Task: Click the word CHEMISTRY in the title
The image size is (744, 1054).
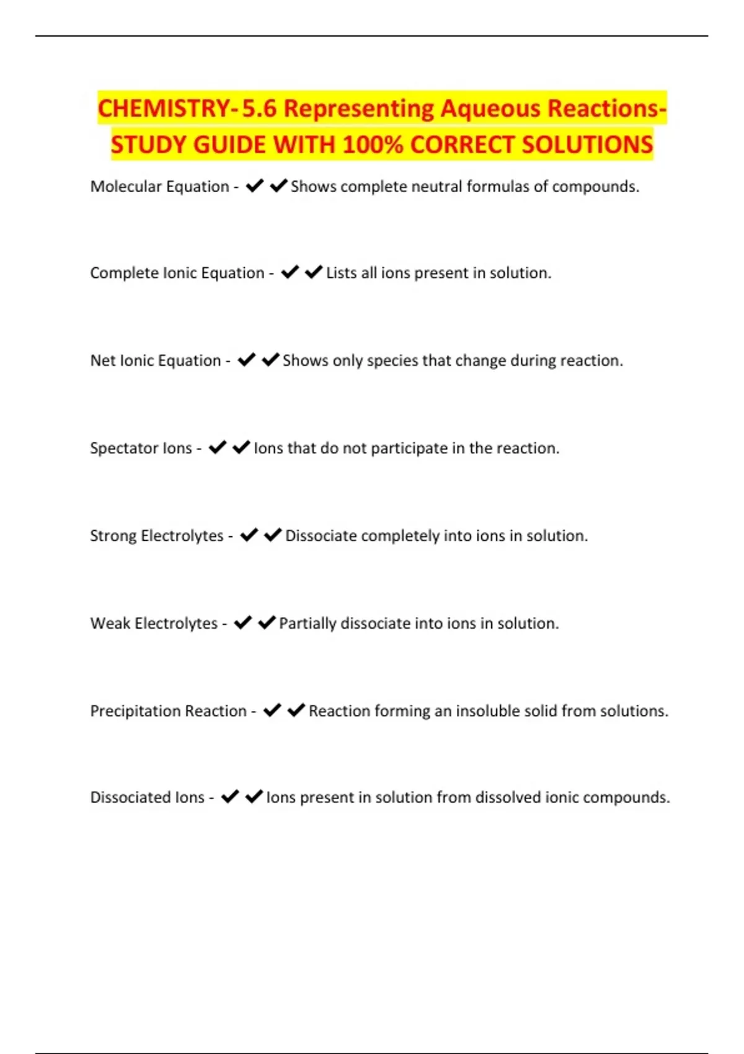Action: pyautogui.click(x=164, y=108)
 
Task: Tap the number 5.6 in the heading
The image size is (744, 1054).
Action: pyautogui.click(x=259, y=108)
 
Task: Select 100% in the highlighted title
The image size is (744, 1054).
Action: pyautogui.click(x=373, y=145)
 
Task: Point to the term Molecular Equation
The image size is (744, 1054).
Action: pyautogui.click(x=159, y=187)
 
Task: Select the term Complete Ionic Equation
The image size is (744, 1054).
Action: pyautogui.click(x=177, y=273)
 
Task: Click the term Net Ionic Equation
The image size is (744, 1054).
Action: pyautogui.click(x=156, y=361)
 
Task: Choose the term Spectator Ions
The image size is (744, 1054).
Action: pyautogui.click(x=141, y=448)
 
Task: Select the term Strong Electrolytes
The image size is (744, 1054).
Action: pyautogui.click(x=157, y=536)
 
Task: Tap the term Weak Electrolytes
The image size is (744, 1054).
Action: pyautogui.click(x=154, y=623)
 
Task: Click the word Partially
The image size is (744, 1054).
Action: pyautogui.click(x=308, y=623)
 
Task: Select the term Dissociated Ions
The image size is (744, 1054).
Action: pyautogui.click(x=147, y=797)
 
